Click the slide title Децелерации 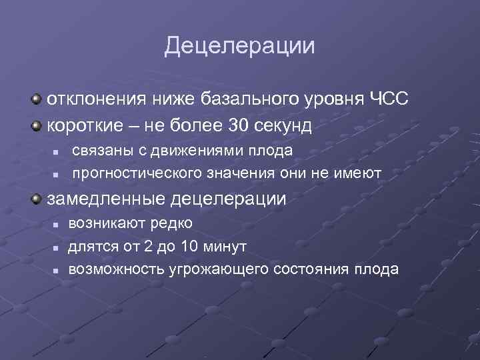tap(239, 46)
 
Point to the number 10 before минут tap(189, 247)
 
